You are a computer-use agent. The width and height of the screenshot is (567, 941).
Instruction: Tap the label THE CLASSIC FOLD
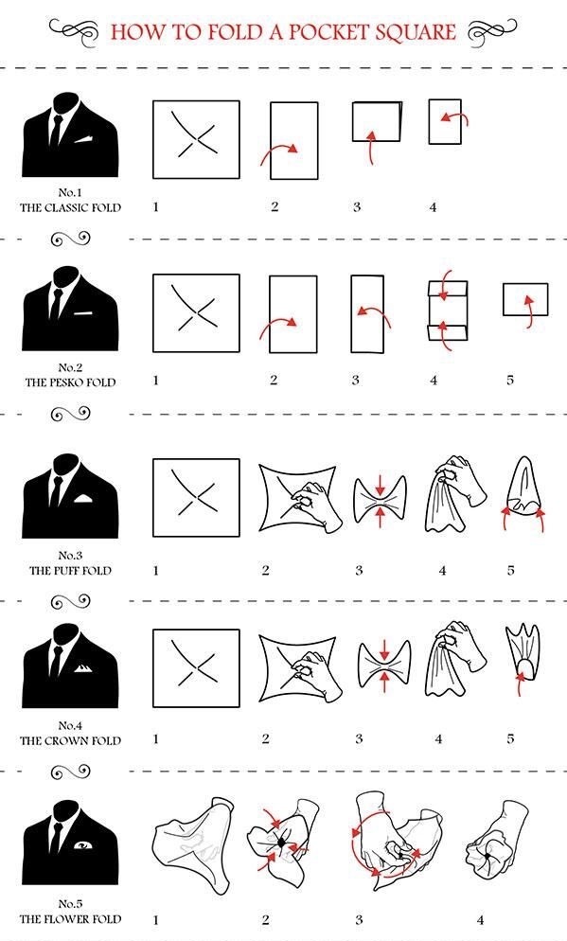pyautogui.click(x=70, y=207)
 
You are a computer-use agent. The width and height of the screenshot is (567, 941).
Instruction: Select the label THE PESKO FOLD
pyautogui.click(x=70, y=382)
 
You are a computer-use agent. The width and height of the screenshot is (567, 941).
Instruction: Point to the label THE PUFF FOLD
pyautogui.click(x=70, y=570)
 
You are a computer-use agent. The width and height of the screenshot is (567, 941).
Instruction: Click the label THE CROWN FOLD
pyautogui.click(x=70, y=740)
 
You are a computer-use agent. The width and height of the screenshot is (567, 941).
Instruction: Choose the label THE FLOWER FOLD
pyautogui.click(x=70, y=919)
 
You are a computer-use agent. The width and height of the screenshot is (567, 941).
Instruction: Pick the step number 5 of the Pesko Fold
pyautogui.click(x=510, y=380)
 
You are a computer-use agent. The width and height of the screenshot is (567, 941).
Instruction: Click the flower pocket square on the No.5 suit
pyautogui.click(x=82, y=845)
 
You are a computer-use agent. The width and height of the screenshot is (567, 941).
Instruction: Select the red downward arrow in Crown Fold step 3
pyautogui.click(x=384, y=651)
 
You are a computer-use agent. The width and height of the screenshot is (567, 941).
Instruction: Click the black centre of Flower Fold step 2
pyautogui.click(x=281, y=843)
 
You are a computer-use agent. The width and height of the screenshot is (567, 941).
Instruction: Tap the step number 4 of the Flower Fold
pyautogui.click(x=480, y=919)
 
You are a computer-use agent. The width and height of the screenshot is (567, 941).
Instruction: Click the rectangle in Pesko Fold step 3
pyautogui.click(x=367, y=314)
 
